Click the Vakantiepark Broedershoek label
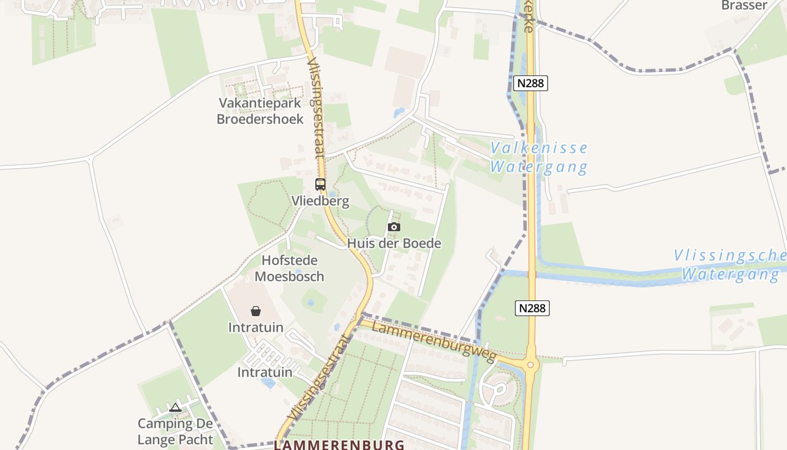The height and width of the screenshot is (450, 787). tap(260, 111)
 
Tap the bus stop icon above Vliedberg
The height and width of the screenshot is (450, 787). tap(320, 184)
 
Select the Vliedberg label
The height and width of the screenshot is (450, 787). tap(320, 201)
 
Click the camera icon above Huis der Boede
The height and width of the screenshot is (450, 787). tap(394, 227)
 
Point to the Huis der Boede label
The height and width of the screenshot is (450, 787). tap(394, 244)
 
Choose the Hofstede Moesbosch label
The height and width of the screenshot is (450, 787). tap(290, 268)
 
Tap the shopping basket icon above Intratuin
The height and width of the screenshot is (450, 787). tap(256, 311)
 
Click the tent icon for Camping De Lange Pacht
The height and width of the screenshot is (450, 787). tap(175, 407)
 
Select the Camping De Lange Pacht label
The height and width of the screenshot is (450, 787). tap(175, 431)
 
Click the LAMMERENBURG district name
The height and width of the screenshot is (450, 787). tap(339, 445)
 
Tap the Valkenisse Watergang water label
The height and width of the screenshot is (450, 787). tap(539, 157)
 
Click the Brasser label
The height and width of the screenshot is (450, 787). tap(744, 6)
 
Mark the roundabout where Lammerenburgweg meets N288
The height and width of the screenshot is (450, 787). tap(530, 365)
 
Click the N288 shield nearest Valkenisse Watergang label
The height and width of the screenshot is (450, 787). tap(530, 83)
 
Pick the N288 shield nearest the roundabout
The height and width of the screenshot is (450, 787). tap(532, 308)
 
